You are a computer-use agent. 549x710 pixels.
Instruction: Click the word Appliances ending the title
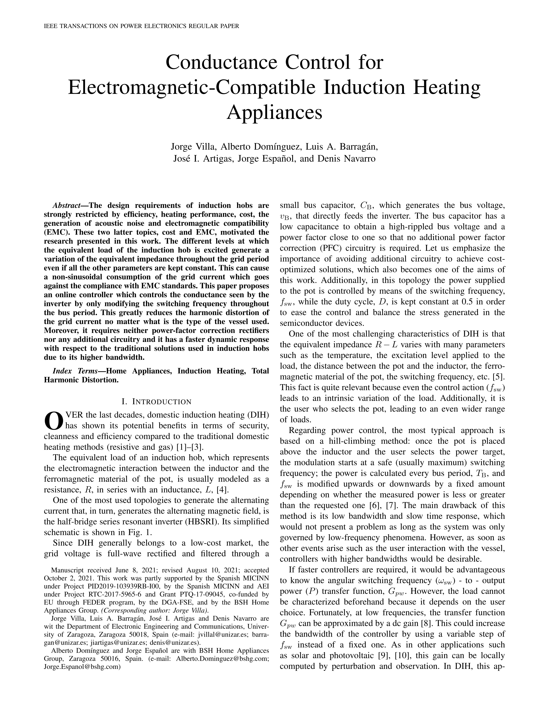(x=274, y=112)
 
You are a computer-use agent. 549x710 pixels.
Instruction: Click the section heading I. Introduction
(x=157, y=402)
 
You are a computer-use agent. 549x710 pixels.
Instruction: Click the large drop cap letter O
(x=53, y=421)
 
